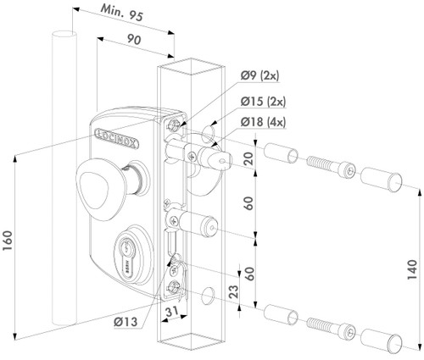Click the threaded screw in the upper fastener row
[x=327, y=170]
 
